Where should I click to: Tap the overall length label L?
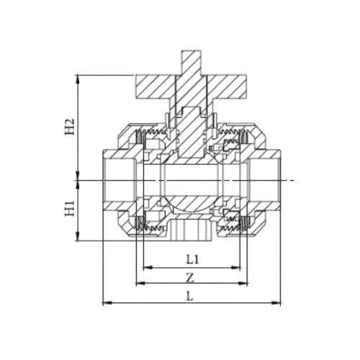(189, 294)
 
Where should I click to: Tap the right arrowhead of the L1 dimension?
(238, 266)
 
